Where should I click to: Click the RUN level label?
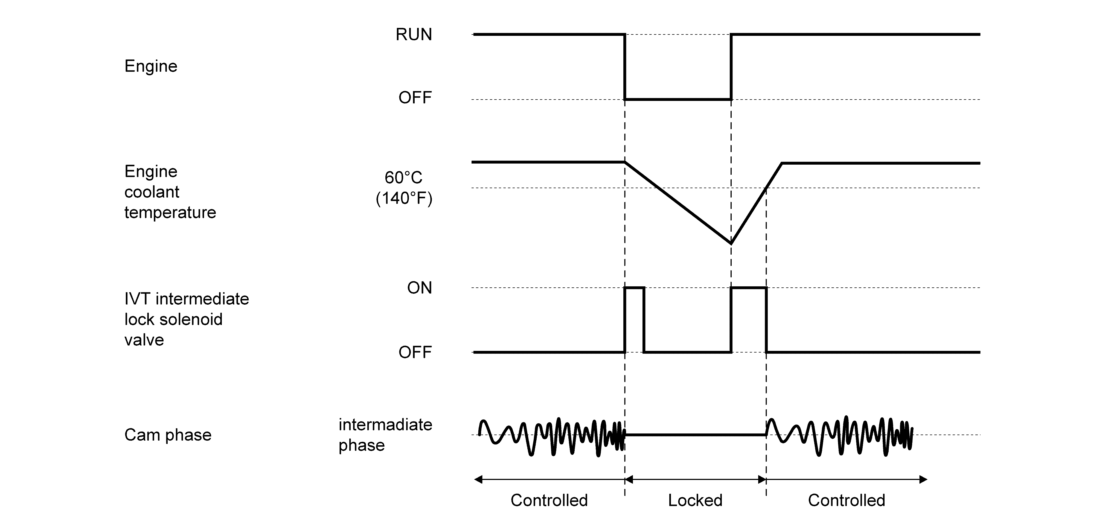[414, 34]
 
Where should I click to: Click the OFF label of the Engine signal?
[415, 98]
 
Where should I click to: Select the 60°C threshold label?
[403, 177]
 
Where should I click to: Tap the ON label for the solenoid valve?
[419, 288]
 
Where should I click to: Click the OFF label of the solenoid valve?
[415, 353]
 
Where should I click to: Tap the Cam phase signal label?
[168, 435]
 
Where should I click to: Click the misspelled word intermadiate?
[385, 424]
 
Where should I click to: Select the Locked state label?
[695, 500]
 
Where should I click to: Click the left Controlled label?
[549, 500]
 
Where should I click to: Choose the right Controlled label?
[846, 500]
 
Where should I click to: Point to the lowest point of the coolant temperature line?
[731, 243]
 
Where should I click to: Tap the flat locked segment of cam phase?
[695, 435]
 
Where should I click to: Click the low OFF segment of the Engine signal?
[678, 100]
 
